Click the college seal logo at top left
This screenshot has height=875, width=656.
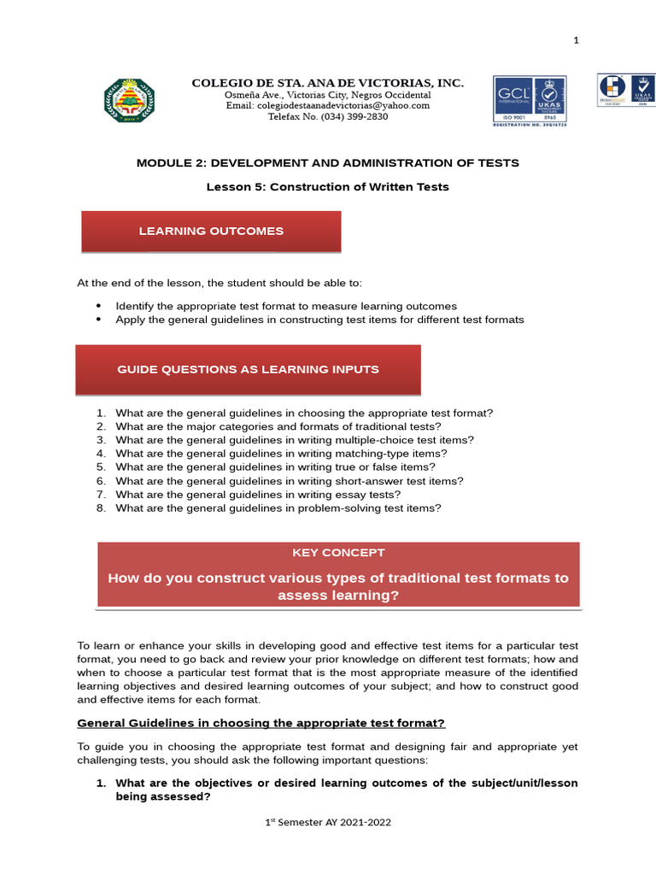[130, 101]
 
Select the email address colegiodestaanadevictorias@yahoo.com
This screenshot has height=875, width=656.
[327, 105]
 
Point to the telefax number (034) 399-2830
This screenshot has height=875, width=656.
[327, 116]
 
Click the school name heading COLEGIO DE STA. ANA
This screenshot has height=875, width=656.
[327, 83]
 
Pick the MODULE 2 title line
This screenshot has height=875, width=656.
[327, 162]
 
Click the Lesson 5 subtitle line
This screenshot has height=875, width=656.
[327, 186]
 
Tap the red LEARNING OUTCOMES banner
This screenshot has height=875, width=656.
[211, 232]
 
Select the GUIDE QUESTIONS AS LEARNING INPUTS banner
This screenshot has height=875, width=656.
[248, 369]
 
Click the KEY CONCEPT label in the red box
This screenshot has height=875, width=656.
[338, 553]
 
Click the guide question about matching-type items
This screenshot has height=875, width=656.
[281, 454]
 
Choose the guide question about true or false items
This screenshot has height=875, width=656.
[275, 467]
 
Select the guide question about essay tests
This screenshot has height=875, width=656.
[258, 494]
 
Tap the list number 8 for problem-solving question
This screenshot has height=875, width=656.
[100, 508]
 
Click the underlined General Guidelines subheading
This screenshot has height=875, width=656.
[261, 723]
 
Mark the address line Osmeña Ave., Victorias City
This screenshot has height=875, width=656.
[327, 94]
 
